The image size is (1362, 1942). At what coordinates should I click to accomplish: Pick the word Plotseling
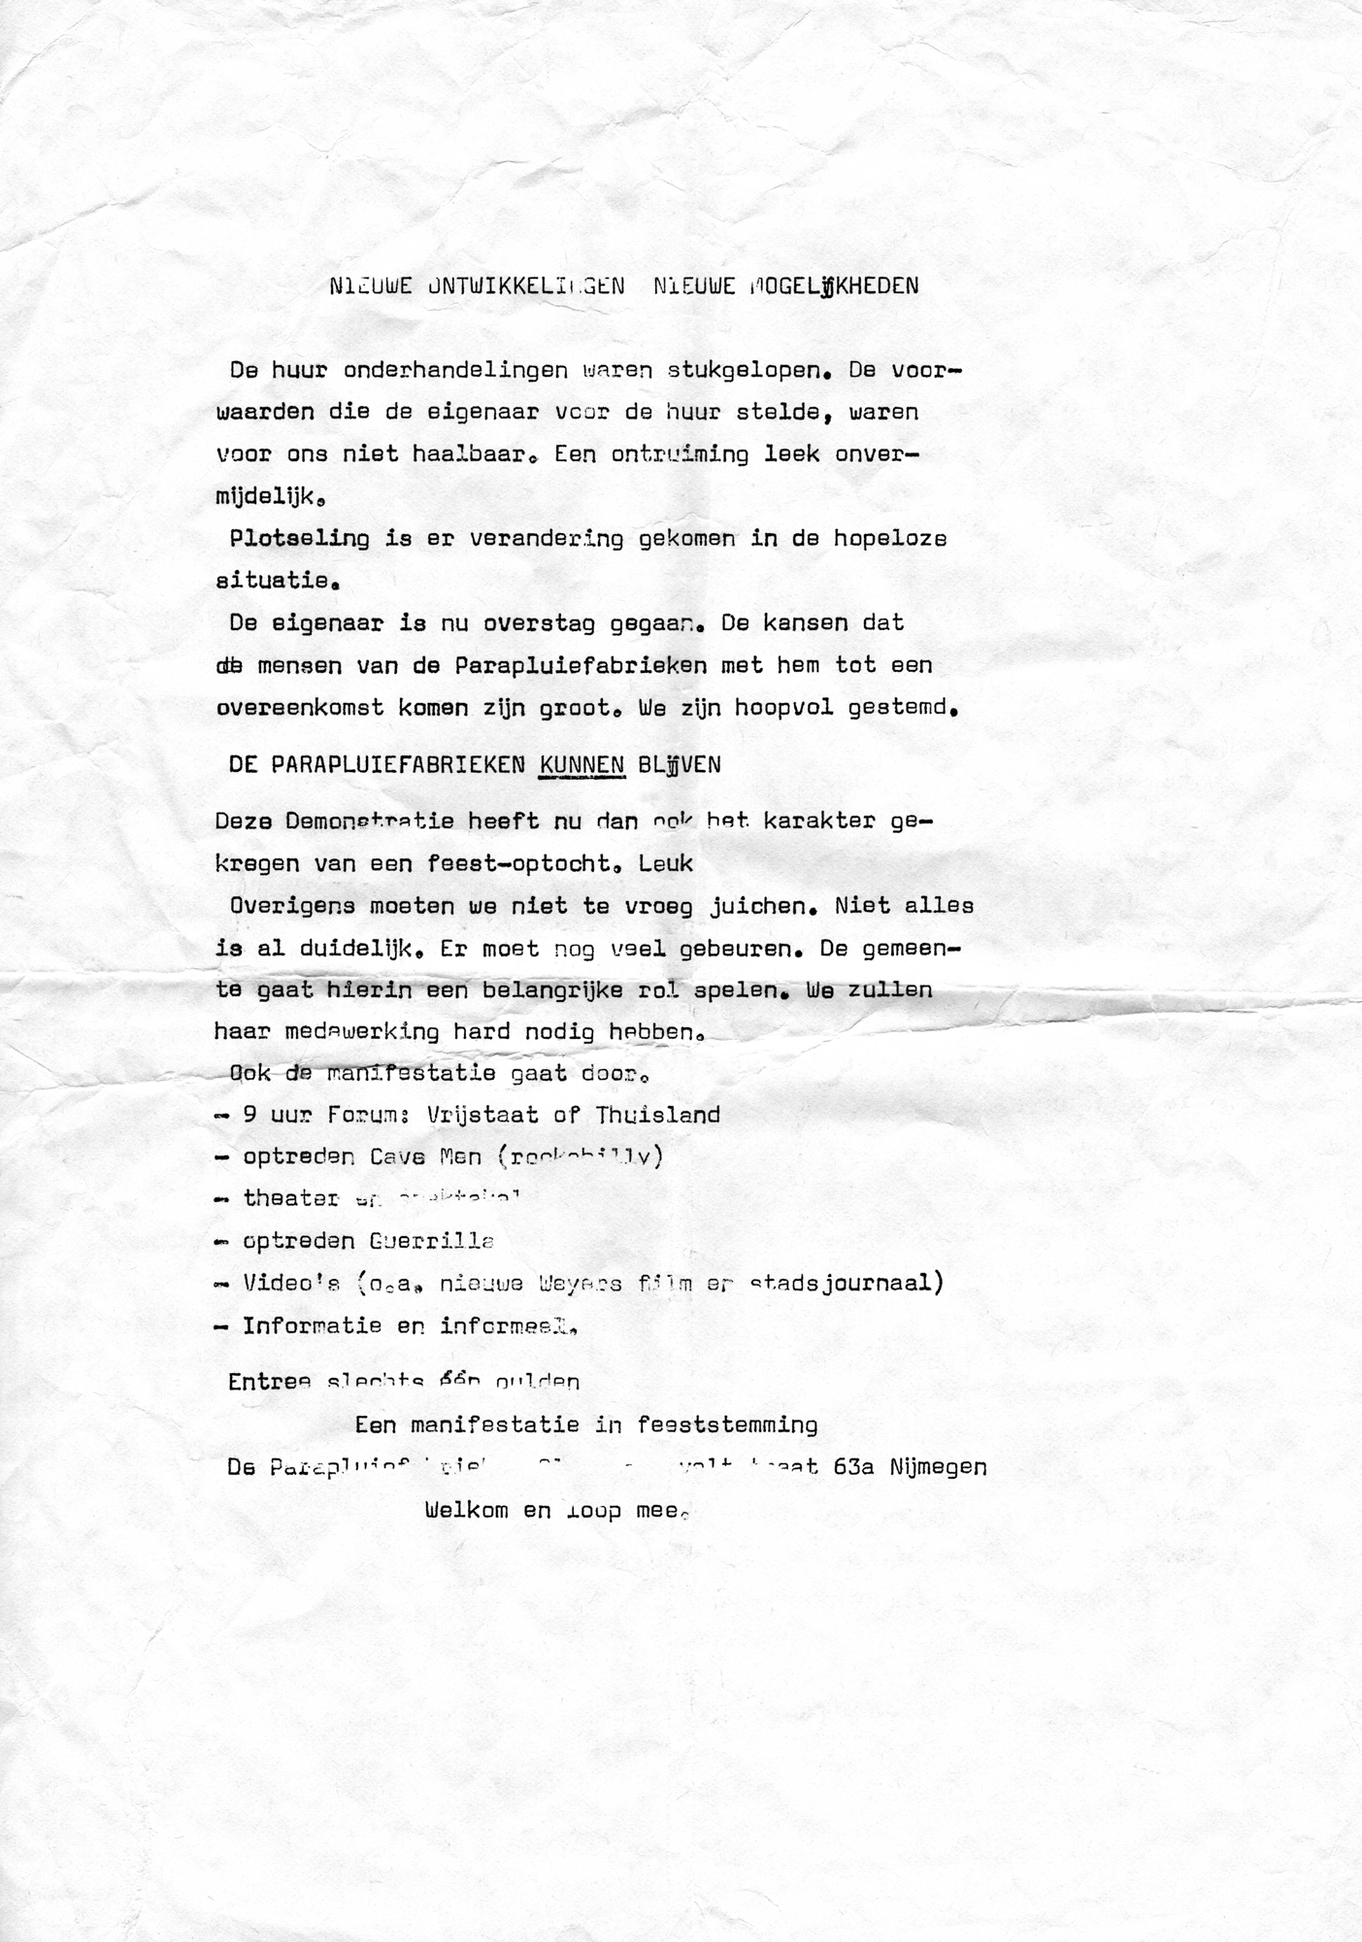click(299, 539)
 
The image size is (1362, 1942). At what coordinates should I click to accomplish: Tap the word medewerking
click(362, 1032)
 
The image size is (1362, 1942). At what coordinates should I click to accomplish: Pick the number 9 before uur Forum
click(249, 1115)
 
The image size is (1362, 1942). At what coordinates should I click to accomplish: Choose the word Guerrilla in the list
click(432, 1241)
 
